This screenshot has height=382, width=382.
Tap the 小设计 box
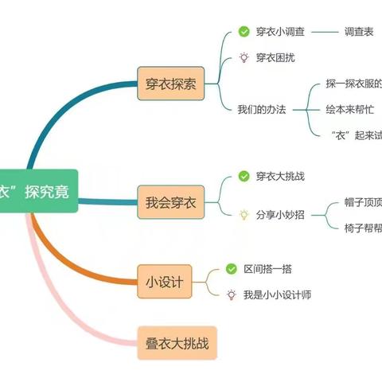click(x=166, y=280)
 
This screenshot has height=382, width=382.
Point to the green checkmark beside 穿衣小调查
click(x=244, y=32)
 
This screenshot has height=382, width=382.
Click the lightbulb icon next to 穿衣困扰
click(x=244, y=57)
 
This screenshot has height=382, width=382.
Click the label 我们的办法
click(x=261, y=109)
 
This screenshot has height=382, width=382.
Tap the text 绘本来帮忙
click(x=350, y=109)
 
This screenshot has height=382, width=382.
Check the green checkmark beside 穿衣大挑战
click(x=244, y=175)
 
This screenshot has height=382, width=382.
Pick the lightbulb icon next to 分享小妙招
click(x=244, y=215)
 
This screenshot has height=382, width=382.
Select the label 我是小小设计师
click(x=278, y=294)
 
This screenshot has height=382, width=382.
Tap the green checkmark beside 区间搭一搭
click(x=232, y=269)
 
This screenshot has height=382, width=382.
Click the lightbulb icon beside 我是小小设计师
click(x=232, y=294)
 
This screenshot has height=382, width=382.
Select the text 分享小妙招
click(x=282, y=215)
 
